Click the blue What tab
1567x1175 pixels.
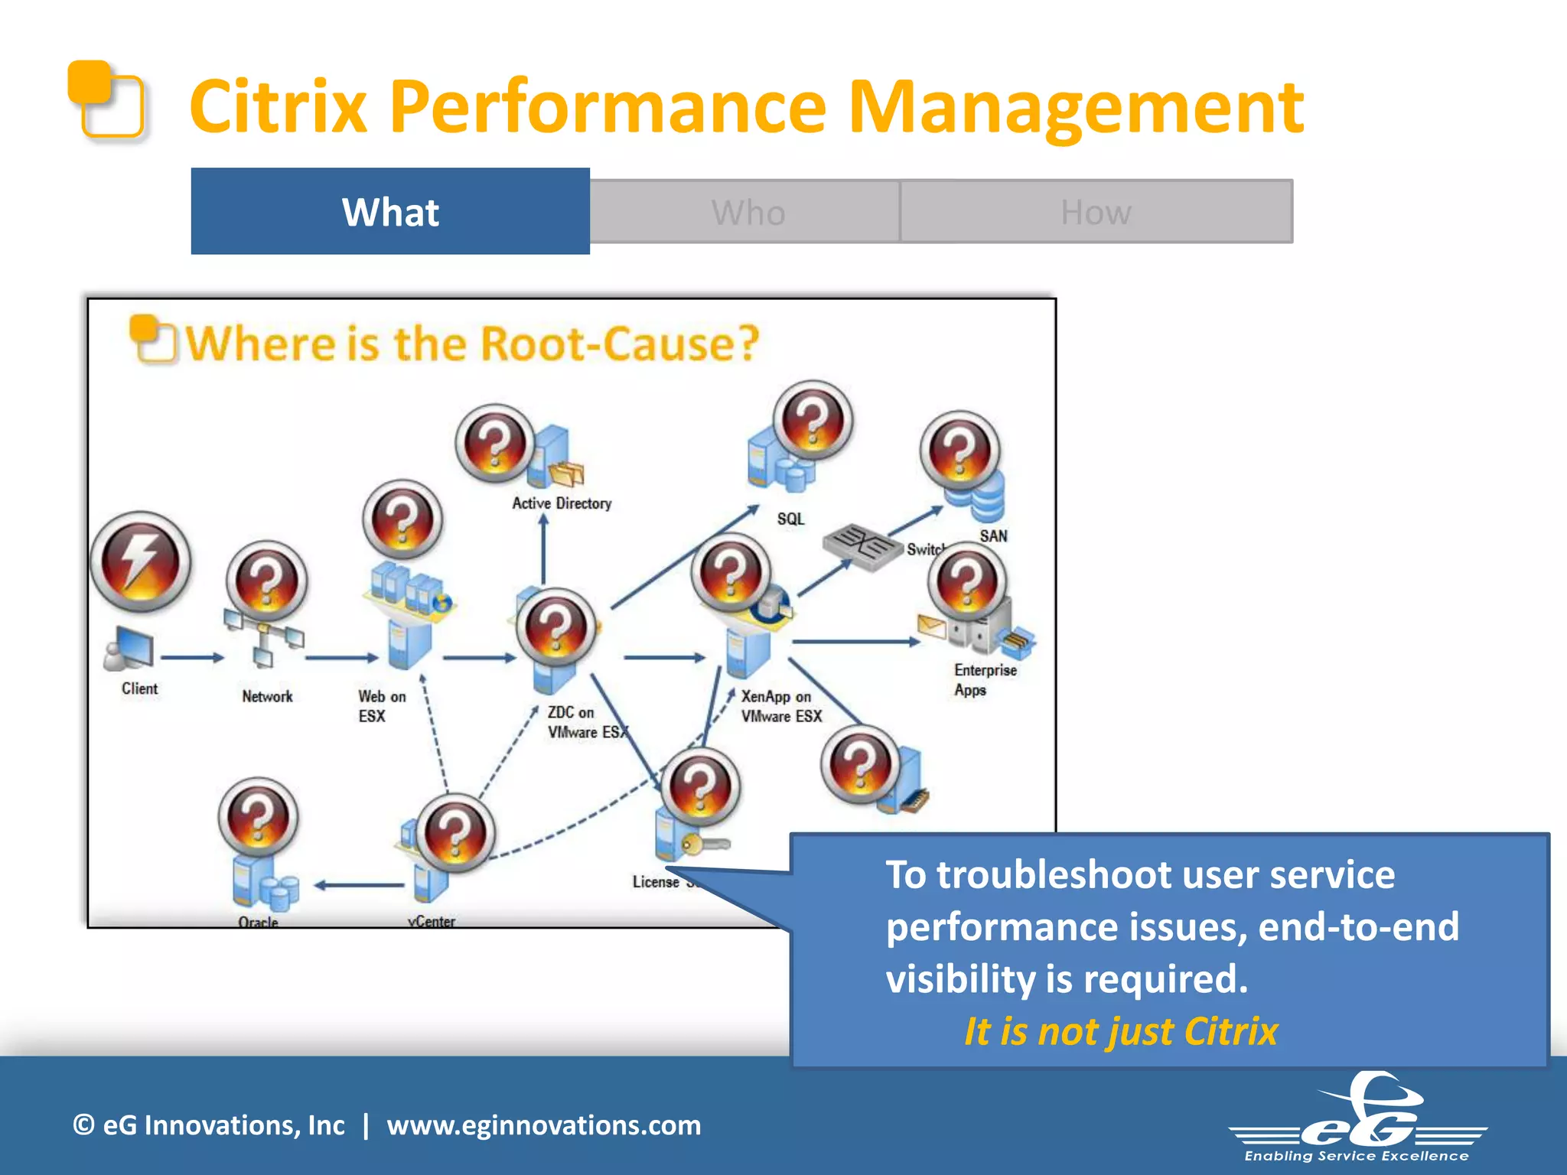pos(390,211)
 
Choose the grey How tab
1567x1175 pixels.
pos(1096,212)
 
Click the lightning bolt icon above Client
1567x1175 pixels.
pos(140,561)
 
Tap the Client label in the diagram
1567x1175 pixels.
pos(139,688)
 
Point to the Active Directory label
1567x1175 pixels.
pos(562,503)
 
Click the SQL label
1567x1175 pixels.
pos(790,519)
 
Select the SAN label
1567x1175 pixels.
pos(993,535)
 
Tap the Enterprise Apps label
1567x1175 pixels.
pos(984,679)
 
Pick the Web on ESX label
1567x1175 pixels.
pos(381,705)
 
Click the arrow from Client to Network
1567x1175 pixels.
pos(191,657)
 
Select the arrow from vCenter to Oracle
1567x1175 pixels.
pos(359,885)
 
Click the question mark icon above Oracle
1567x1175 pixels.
pos(258,817)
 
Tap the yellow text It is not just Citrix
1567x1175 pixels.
pos(1120,1031)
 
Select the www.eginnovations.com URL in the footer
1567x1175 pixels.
pos(543,1125)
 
